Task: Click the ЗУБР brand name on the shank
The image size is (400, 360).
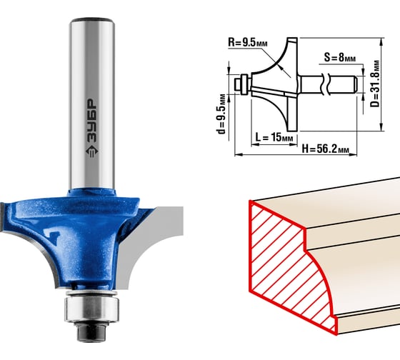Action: [x=92, y=120]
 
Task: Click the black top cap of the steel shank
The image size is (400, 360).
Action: [x=92, y=20]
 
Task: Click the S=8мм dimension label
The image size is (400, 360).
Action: [x=340, y=57]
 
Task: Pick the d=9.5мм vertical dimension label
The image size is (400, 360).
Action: [x=221, y=114]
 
